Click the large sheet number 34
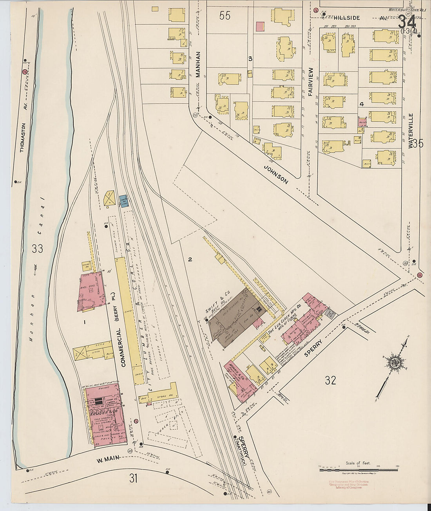point(407,22)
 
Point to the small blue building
point(123,200)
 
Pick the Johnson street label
point(276,174)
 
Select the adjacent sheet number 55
point(225,16)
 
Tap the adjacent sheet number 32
point(330,380)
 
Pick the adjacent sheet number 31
point(134,478)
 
